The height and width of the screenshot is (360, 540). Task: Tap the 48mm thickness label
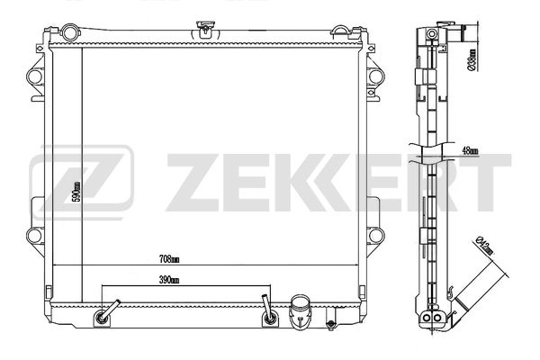468,151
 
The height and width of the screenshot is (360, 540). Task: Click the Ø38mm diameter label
472,59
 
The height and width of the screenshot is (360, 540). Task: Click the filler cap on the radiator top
208,30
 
